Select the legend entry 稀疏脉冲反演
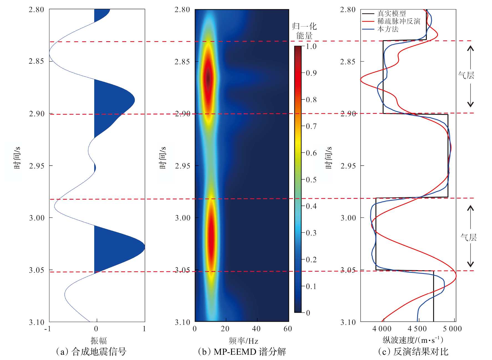(x=399, y=21)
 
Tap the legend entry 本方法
(x=388, y=29)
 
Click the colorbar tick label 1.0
(x=311, y=46)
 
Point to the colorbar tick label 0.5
(x=311, y=180)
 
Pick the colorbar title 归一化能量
(x=304, y=31)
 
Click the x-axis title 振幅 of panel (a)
(x=99, y=340)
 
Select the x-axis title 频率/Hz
(x=243, y=341)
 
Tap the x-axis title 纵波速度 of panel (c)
(x=413, y=340)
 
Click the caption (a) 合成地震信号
(x=91, y=352)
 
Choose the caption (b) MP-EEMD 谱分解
(x=242, y=352)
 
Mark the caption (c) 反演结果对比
(x=413, y=352)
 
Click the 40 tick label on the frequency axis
(x=256, y=329)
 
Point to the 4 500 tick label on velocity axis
(x=417, y=329)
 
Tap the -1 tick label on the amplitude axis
(x=47, y=329)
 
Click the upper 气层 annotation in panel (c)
(x=466, y=75)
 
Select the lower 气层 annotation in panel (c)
(x=468, y=237)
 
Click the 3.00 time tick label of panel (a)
(x=37, y=218)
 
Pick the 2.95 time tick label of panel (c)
(x=348, y=166)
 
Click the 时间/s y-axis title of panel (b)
(x=163, y=158)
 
